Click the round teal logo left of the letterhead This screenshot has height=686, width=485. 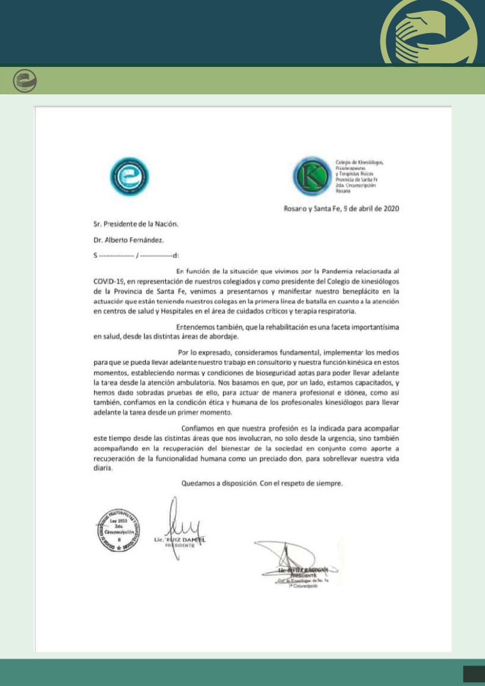point(129,175)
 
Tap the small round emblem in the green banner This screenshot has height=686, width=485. point(25,81)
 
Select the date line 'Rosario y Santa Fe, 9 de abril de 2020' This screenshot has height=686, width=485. point(342,209)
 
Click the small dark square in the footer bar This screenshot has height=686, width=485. point(474,673)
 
